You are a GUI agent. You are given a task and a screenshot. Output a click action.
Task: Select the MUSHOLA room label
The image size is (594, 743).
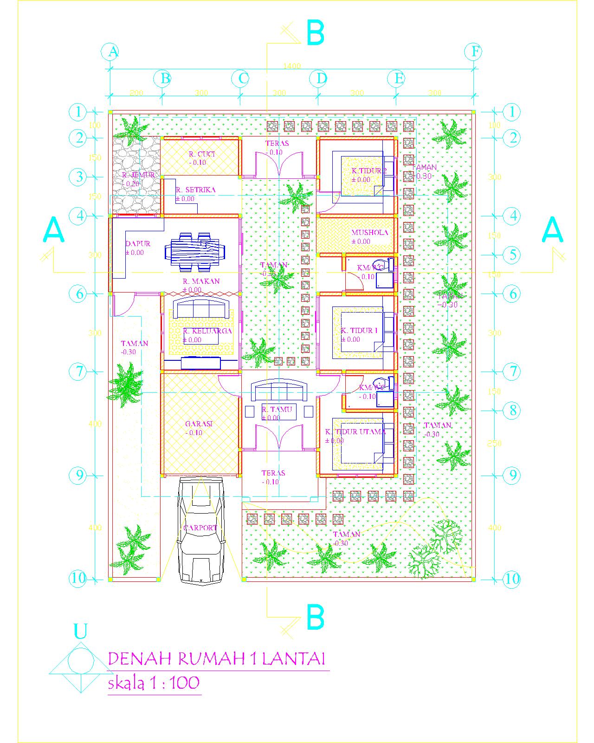point(369,233)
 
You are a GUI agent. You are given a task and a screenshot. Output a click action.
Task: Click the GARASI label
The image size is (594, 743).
point(199,424)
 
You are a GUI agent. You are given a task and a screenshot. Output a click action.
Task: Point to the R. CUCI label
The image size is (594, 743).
point(202,154)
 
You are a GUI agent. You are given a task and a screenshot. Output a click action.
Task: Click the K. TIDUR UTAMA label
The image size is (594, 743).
point(356,431)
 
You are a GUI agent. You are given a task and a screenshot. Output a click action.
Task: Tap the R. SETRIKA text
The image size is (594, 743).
point(195,190)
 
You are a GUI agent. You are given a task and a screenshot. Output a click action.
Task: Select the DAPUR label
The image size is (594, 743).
point(138,244)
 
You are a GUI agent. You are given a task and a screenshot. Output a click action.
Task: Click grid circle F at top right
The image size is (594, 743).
point(474,52)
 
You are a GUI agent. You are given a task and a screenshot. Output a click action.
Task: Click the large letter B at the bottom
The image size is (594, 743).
point(316,618)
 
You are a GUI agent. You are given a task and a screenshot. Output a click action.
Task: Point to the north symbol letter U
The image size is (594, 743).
point(80,632)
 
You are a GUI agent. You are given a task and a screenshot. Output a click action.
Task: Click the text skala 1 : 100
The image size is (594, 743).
point(154,683)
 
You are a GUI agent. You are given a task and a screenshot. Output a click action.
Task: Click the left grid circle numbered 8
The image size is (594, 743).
point(512,410)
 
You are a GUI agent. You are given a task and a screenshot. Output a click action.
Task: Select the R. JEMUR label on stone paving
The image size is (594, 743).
point(138,175)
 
